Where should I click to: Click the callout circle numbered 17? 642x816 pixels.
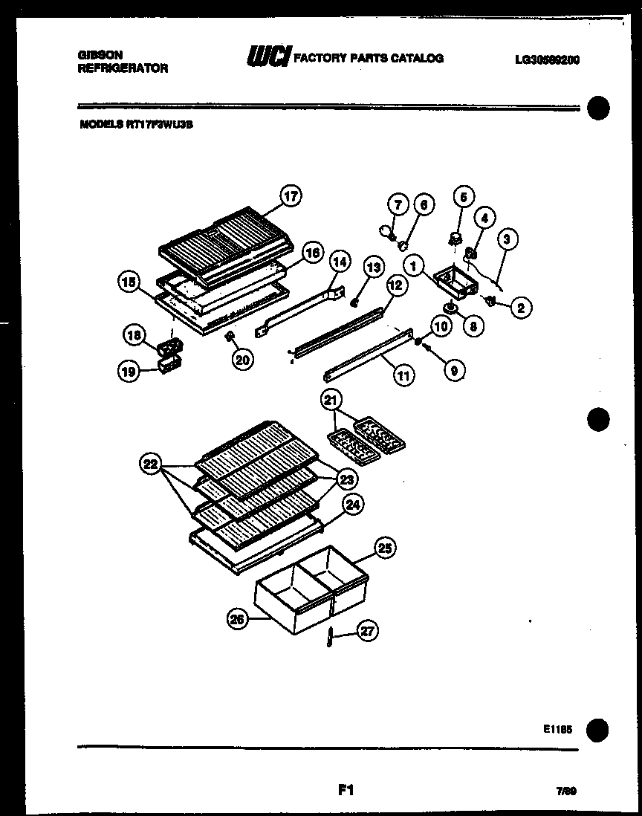[291, 197]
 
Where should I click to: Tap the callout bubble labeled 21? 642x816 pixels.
[330, 400]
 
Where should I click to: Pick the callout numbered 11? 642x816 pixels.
[402, 375]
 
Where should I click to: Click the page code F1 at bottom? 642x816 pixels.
[344, 791]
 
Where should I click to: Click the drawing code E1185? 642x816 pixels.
[557, 730]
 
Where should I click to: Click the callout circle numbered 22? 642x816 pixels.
[152, 466]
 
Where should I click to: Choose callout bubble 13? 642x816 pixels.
[372, 267]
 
